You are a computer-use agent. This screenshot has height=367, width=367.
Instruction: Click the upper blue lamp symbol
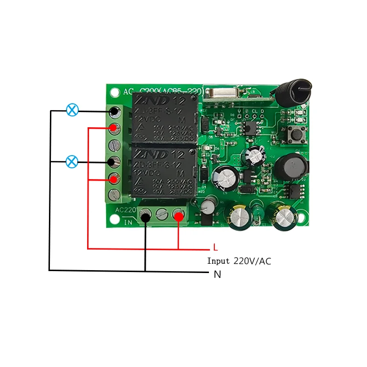pos(72,110)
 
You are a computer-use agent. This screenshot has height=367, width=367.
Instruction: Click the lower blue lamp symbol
pos(72,161)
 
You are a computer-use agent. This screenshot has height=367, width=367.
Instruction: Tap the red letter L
pos(215,248)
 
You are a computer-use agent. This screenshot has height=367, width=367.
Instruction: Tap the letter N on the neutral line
pos(217,275)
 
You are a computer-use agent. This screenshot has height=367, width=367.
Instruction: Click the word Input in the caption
pos(218,261)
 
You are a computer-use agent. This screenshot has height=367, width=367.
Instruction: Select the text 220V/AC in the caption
pos(252,261)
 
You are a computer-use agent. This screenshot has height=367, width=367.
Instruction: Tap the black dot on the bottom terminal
pos(145,216)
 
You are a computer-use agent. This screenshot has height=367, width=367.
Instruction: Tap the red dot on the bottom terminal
pos(179,215)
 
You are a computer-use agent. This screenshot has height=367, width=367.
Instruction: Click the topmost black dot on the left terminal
pos(114,112)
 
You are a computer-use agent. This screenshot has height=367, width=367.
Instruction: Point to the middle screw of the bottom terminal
pos(162,214)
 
